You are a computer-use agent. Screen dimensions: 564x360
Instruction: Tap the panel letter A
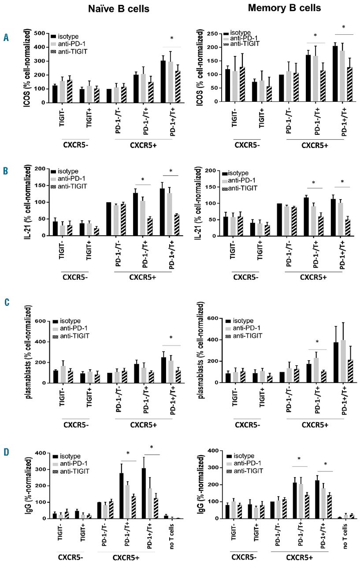[x=6, y=38]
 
